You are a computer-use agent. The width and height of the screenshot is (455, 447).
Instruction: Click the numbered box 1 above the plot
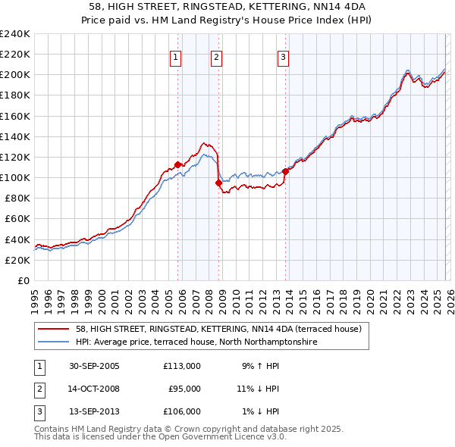pos(175,57)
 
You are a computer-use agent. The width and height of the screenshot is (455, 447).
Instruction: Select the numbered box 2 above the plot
pos(216,57)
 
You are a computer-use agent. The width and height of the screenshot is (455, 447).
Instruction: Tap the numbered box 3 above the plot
pos(283,57)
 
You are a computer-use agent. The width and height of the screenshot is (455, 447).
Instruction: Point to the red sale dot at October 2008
pos(219,183)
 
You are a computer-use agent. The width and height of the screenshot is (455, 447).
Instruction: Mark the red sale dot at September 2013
pos(286,171)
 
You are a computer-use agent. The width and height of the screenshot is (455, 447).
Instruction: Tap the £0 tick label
pos(23,280)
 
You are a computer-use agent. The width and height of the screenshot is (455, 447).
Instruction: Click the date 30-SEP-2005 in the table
pos(94,366)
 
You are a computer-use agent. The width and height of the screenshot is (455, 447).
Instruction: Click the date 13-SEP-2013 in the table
pos(94,411)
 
